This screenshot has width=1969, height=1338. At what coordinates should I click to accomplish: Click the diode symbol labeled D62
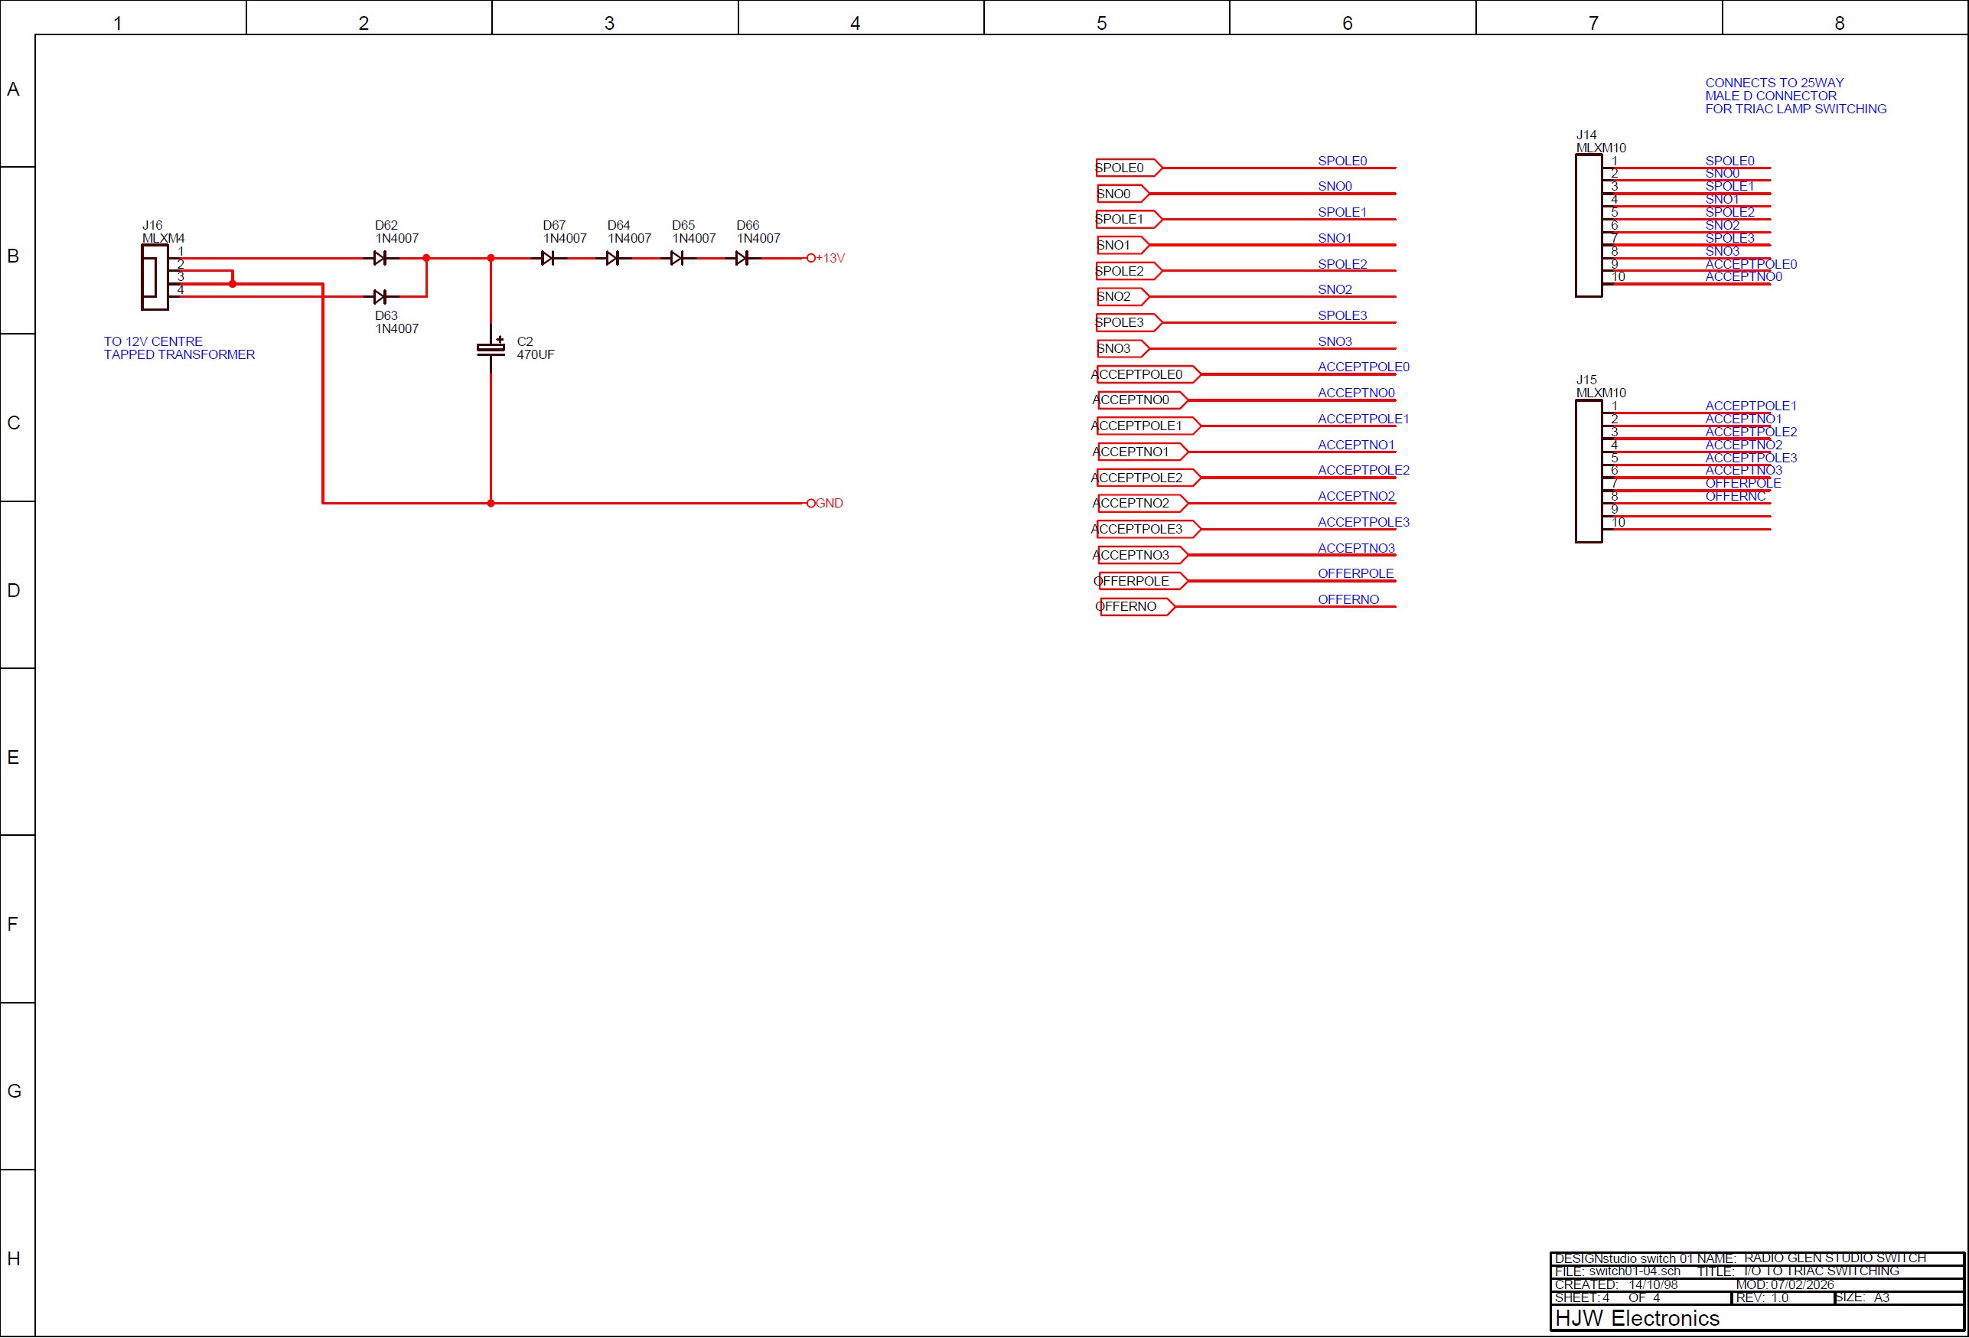380,258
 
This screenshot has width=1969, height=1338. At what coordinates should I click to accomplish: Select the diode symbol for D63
380,296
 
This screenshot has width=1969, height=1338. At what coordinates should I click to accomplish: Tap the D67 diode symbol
547,258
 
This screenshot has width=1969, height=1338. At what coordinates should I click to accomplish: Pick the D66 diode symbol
742,258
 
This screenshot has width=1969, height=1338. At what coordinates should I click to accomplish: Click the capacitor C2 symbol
491,348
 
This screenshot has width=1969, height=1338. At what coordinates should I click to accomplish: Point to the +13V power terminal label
830,258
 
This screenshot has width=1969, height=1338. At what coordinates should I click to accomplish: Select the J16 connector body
155,277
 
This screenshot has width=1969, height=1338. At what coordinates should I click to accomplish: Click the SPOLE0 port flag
1126,168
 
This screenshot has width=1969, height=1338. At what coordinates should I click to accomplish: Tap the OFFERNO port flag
1133,607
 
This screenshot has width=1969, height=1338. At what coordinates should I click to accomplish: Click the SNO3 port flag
1120,348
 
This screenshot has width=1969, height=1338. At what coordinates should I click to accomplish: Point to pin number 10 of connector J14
1619,277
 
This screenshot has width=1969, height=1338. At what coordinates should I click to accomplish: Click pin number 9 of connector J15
1615,509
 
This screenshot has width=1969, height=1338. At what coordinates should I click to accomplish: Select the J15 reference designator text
1586,380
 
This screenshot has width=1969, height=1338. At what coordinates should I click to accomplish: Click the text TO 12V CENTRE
153,341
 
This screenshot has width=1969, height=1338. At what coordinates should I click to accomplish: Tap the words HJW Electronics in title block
1637,1319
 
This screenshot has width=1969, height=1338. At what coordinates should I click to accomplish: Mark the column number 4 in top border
855,23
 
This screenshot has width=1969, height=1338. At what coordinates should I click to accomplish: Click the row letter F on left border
13,924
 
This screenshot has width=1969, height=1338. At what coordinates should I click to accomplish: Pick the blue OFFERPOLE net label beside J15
1742,483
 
